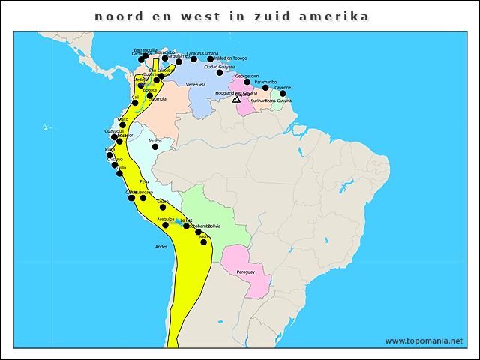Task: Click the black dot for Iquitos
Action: [155, 147]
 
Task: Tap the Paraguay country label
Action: [245, 271]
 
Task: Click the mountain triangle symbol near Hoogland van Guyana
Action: [236, 99]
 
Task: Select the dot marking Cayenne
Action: [283, 94]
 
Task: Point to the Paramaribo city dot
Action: [265, 88]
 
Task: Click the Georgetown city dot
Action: [247, 82]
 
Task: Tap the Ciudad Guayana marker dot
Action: [220, 73]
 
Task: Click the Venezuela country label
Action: [196, 85]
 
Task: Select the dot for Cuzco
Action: [163, 207]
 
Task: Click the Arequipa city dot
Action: [166, 225]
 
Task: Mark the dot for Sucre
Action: [204, 242]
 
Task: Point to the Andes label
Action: [161, 247]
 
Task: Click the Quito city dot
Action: [123, 125]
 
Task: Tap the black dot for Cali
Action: [135, 103]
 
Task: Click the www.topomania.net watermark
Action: [424, 340]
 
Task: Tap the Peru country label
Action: [144, 181]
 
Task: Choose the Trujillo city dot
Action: [120, 173]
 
